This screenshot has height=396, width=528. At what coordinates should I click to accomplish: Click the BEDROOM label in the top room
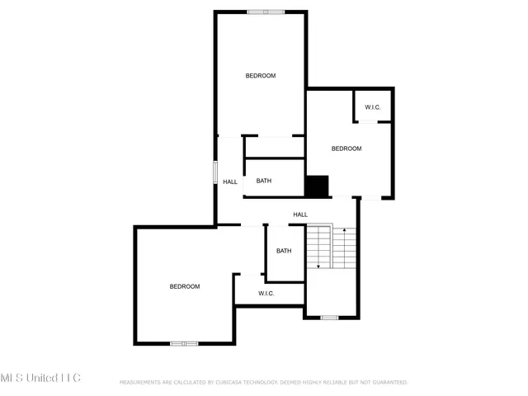[261, 76]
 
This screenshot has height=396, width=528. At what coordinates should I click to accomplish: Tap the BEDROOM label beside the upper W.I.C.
[346, 148]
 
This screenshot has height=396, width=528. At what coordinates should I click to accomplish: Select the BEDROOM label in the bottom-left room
[185, 286]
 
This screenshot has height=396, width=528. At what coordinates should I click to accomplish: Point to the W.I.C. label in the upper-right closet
[373, 107]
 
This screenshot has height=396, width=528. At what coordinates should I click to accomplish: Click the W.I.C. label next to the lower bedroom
[266, 294]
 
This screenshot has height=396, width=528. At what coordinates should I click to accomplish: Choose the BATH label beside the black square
[264, 181]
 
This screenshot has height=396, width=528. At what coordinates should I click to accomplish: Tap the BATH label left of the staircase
[284, 252]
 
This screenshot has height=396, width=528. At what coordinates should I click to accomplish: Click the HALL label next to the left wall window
[230, 182]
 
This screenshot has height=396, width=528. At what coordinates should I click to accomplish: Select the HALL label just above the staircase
[300, 214]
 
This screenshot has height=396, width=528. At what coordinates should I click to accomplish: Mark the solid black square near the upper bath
[317, 186]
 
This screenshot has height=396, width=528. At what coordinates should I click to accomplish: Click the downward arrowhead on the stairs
[318, 266]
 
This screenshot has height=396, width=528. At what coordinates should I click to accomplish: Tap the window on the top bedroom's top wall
[266, 12]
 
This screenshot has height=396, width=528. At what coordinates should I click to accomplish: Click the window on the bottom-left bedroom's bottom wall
[184, 343]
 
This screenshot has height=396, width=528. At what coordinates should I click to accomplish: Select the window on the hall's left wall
[215, 172]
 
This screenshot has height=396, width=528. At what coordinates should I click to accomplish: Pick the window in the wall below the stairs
[329, 318]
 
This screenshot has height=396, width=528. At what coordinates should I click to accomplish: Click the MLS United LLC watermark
[40, 378]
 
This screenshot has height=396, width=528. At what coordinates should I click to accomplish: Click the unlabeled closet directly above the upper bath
[275, 147]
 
